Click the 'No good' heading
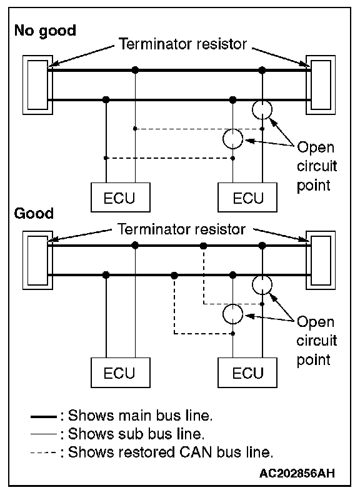click(45, 31)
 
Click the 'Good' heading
click(34, 213)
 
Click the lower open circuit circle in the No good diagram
click(223, 139)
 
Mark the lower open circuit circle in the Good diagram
click(223, 314)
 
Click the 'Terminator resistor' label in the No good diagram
click(182, 44)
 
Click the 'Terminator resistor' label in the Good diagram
click(181, 229)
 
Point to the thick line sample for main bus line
click(44, 417)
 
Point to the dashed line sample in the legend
click(44, 453)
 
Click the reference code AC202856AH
click(297, 473)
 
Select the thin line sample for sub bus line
click(44, 435)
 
